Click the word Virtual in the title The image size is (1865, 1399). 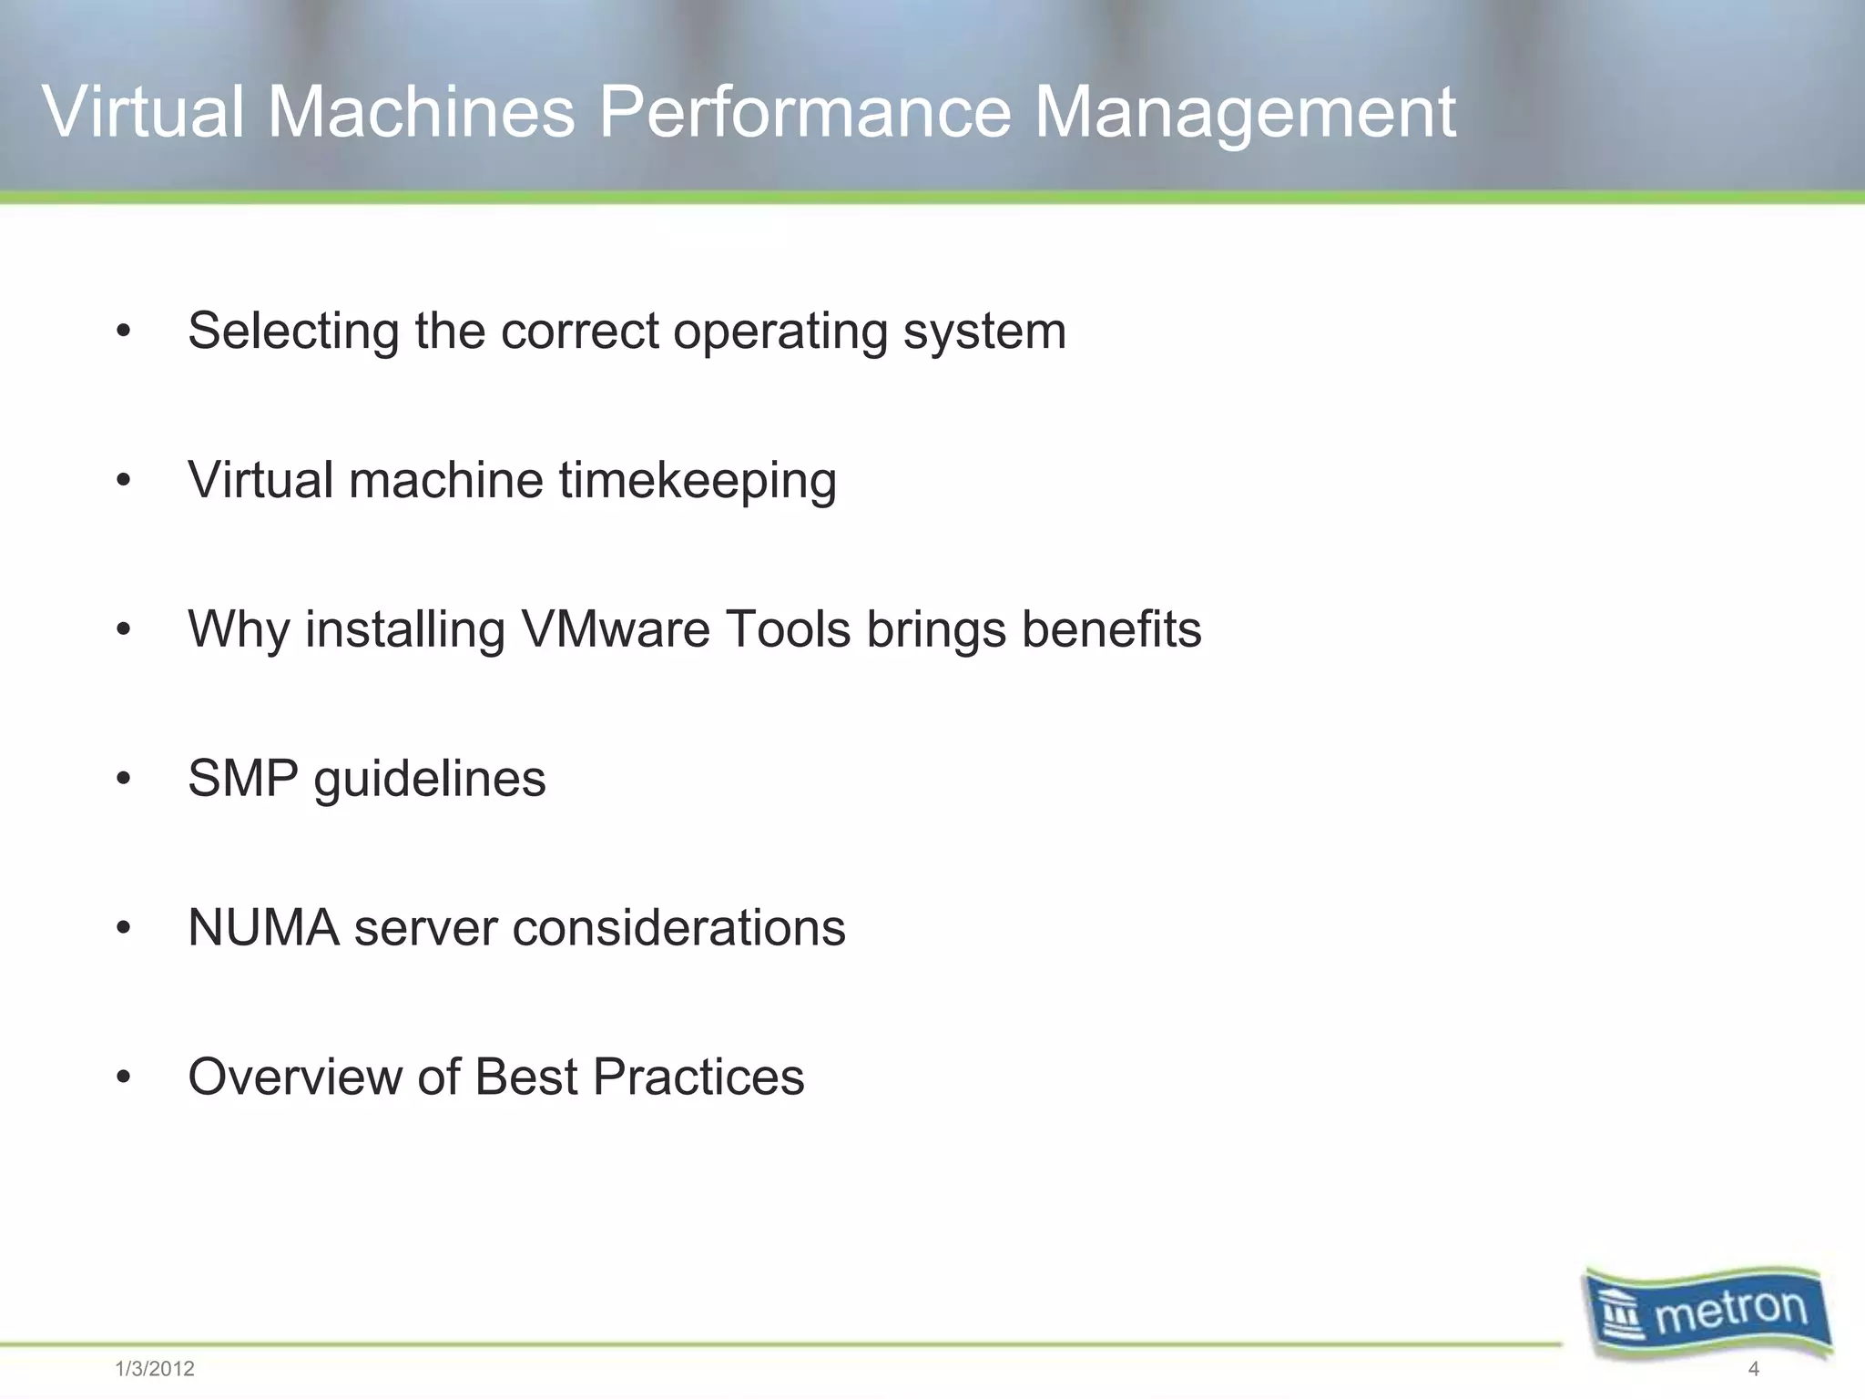click(x=143, y=112)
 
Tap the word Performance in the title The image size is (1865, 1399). click(x=804, y=112)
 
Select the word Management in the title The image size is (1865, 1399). click(x=1245, y=112)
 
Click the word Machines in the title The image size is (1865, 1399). click(x=422, y=112)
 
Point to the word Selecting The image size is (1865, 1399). click(x=293, y=331)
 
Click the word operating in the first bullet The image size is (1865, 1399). click(x=780, y=331)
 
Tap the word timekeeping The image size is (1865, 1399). click(x=698, y=480)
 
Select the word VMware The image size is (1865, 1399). click(x=616, y=628)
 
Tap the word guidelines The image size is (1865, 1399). click(x=430, y=780)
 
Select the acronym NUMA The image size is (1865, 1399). click(x=264, y=927)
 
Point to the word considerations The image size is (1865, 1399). click(x=679, y=927)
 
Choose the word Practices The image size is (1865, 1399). click(x=698, y=1077)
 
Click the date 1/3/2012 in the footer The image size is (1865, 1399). click(x=155, y=1369)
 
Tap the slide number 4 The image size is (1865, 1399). click(x=1754, y=1369)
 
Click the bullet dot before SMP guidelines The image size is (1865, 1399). click(x=125, y=780)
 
